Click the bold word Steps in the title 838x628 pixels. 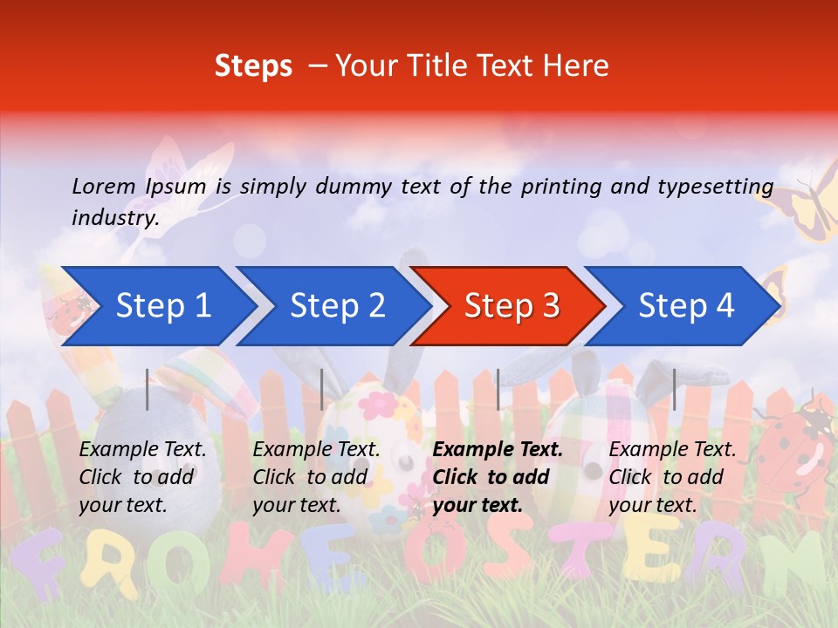(253, 66)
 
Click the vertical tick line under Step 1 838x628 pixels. (148, 389)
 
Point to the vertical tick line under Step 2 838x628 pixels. (322, 389)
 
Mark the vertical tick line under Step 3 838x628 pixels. (498, 389)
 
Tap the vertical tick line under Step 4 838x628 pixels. (674, 389)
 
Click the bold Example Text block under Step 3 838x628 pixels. (498, 477)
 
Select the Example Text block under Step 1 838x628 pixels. (142, 477)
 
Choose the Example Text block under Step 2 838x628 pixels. (316, 477)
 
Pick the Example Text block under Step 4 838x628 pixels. (672, 477)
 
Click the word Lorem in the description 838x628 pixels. (104, 186)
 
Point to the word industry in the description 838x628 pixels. (115, 218)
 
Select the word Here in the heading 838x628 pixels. (575, 66)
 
